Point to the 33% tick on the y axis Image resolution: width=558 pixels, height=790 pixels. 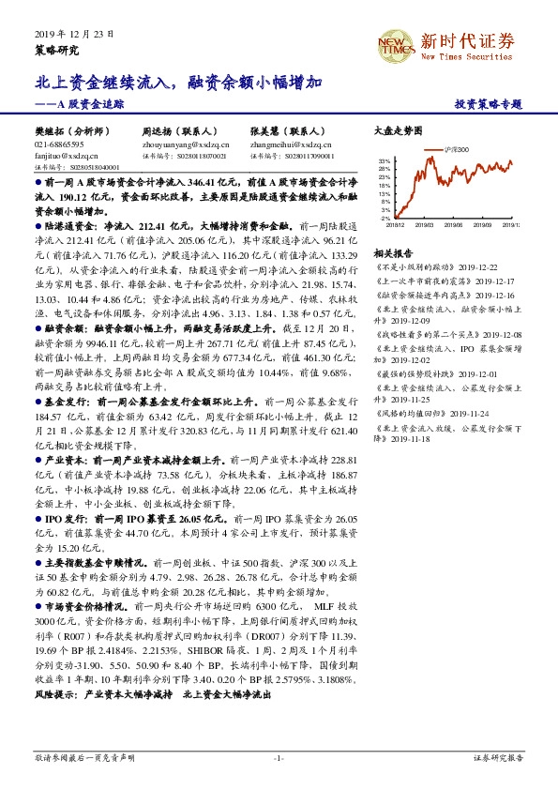point(385,161)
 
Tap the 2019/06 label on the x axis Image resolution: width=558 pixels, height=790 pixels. point(457,225)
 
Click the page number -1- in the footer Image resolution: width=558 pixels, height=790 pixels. point(279,756)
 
